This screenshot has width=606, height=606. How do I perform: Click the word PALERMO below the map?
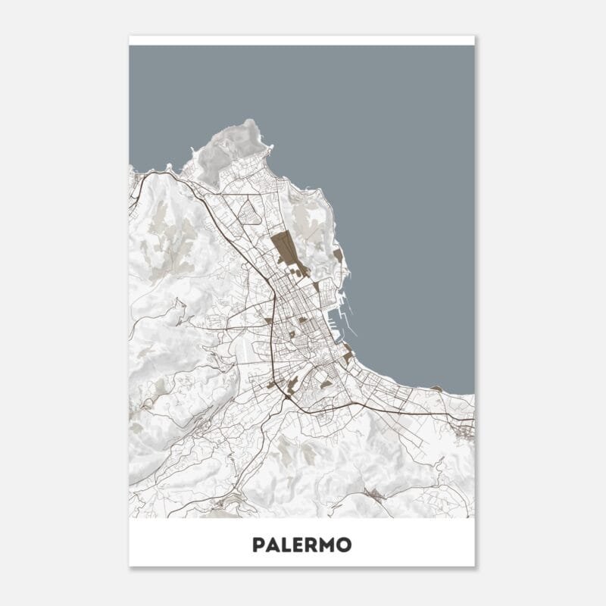(301, 545)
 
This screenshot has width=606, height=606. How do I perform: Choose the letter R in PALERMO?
(311, 545)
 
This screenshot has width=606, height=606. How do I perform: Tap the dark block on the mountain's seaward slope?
(337, 255)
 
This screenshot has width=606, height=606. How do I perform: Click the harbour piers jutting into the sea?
(347, 314)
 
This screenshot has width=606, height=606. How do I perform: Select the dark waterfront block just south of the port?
(348, 354)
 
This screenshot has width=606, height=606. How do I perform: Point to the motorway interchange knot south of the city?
(289, 393)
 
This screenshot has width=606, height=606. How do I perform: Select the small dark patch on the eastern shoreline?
(436, 388)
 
